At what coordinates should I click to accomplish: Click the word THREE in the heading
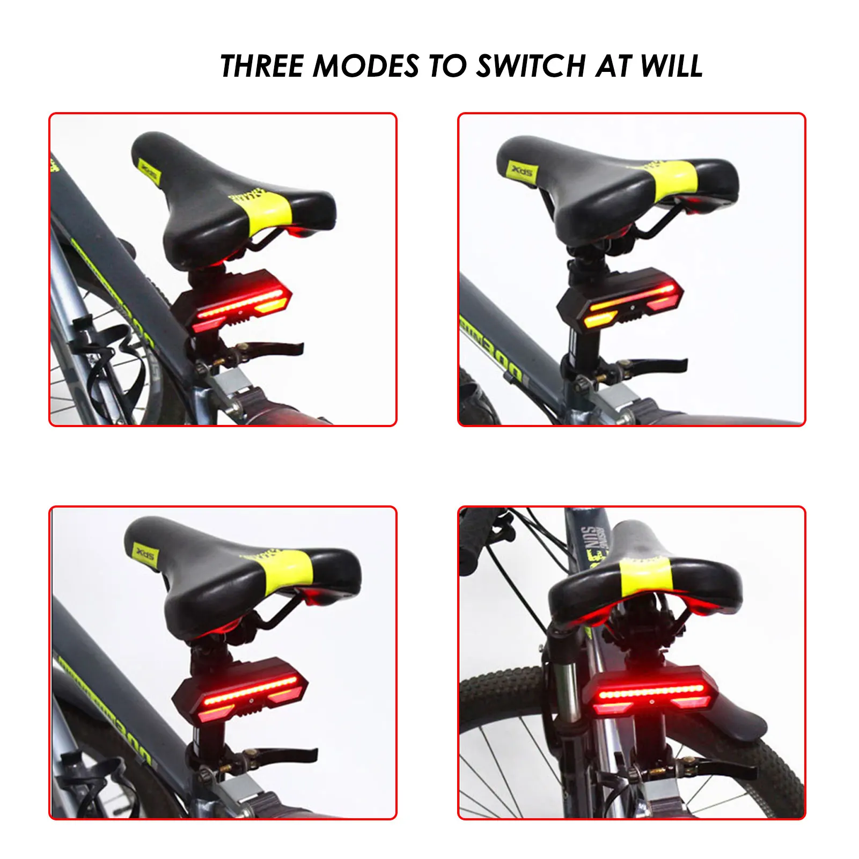coord(262,67)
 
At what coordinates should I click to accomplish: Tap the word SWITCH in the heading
coord(531,67)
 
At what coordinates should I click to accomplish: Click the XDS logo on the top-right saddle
coord(521,171)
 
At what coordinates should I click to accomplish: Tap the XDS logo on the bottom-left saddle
coord(144,553)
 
